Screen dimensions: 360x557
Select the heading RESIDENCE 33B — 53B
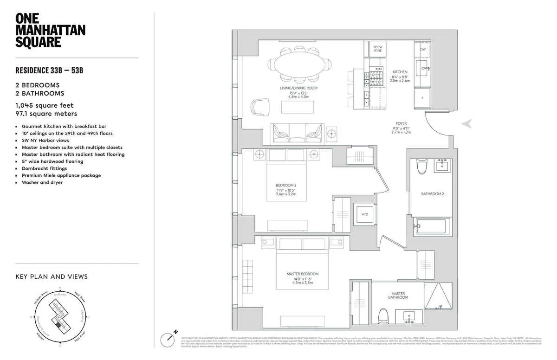pos(49,71)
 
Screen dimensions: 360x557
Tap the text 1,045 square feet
pos(45,105)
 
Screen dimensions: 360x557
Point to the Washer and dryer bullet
pos(42,182)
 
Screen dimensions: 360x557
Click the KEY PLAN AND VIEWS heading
pos(52,276)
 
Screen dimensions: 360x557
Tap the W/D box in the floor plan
pos(364,214)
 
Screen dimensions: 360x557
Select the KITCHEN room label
pos(400,72)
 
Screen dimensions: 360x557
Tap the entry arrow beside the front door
pos(468,123)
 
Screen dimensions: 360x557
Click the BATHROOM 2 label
pos(433,193)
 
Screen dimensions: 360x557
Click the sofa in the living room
pos(298,132)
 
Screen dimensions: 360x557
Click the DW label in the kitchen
pos(422,49)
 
